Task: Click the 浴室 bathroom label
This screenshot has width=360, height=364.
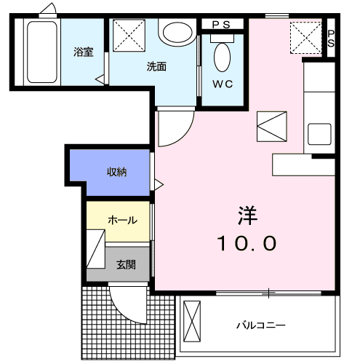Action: click(83, 52)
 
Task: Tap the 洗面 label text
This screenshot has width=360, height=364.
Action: click(156, 66)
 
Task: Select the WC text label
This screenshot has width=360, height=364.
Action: click(223, 84)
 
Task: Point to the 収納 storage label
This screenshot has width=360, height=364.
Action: click(118, 173)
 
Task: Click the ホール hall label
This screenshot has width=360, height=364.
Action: click(122, 219)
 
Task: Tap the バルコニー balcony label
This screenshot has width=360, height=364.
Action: click(260, 325)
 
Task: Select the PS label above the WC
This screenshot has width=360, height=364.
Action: click(222, 25)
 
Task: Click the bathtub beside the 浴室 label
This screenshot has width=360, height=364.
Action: click(42, 52)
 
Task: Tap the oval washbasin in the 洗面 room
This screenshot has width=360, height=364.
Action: click(175, 31)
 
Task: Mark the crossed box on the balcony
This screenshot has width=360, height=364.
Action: click(191, 321)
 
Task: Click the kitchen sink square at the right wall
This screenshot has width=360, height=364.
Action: click(319, 134)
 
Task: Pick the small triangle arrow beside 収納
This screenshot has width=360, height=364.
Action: click(158, 183)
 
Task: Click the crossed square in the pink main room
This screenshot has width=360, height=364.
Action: click(272, 127)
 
